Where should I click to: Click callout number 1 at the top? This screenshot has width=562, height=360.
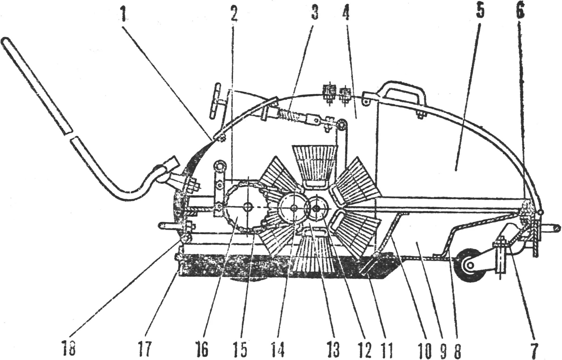(123, 13)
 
